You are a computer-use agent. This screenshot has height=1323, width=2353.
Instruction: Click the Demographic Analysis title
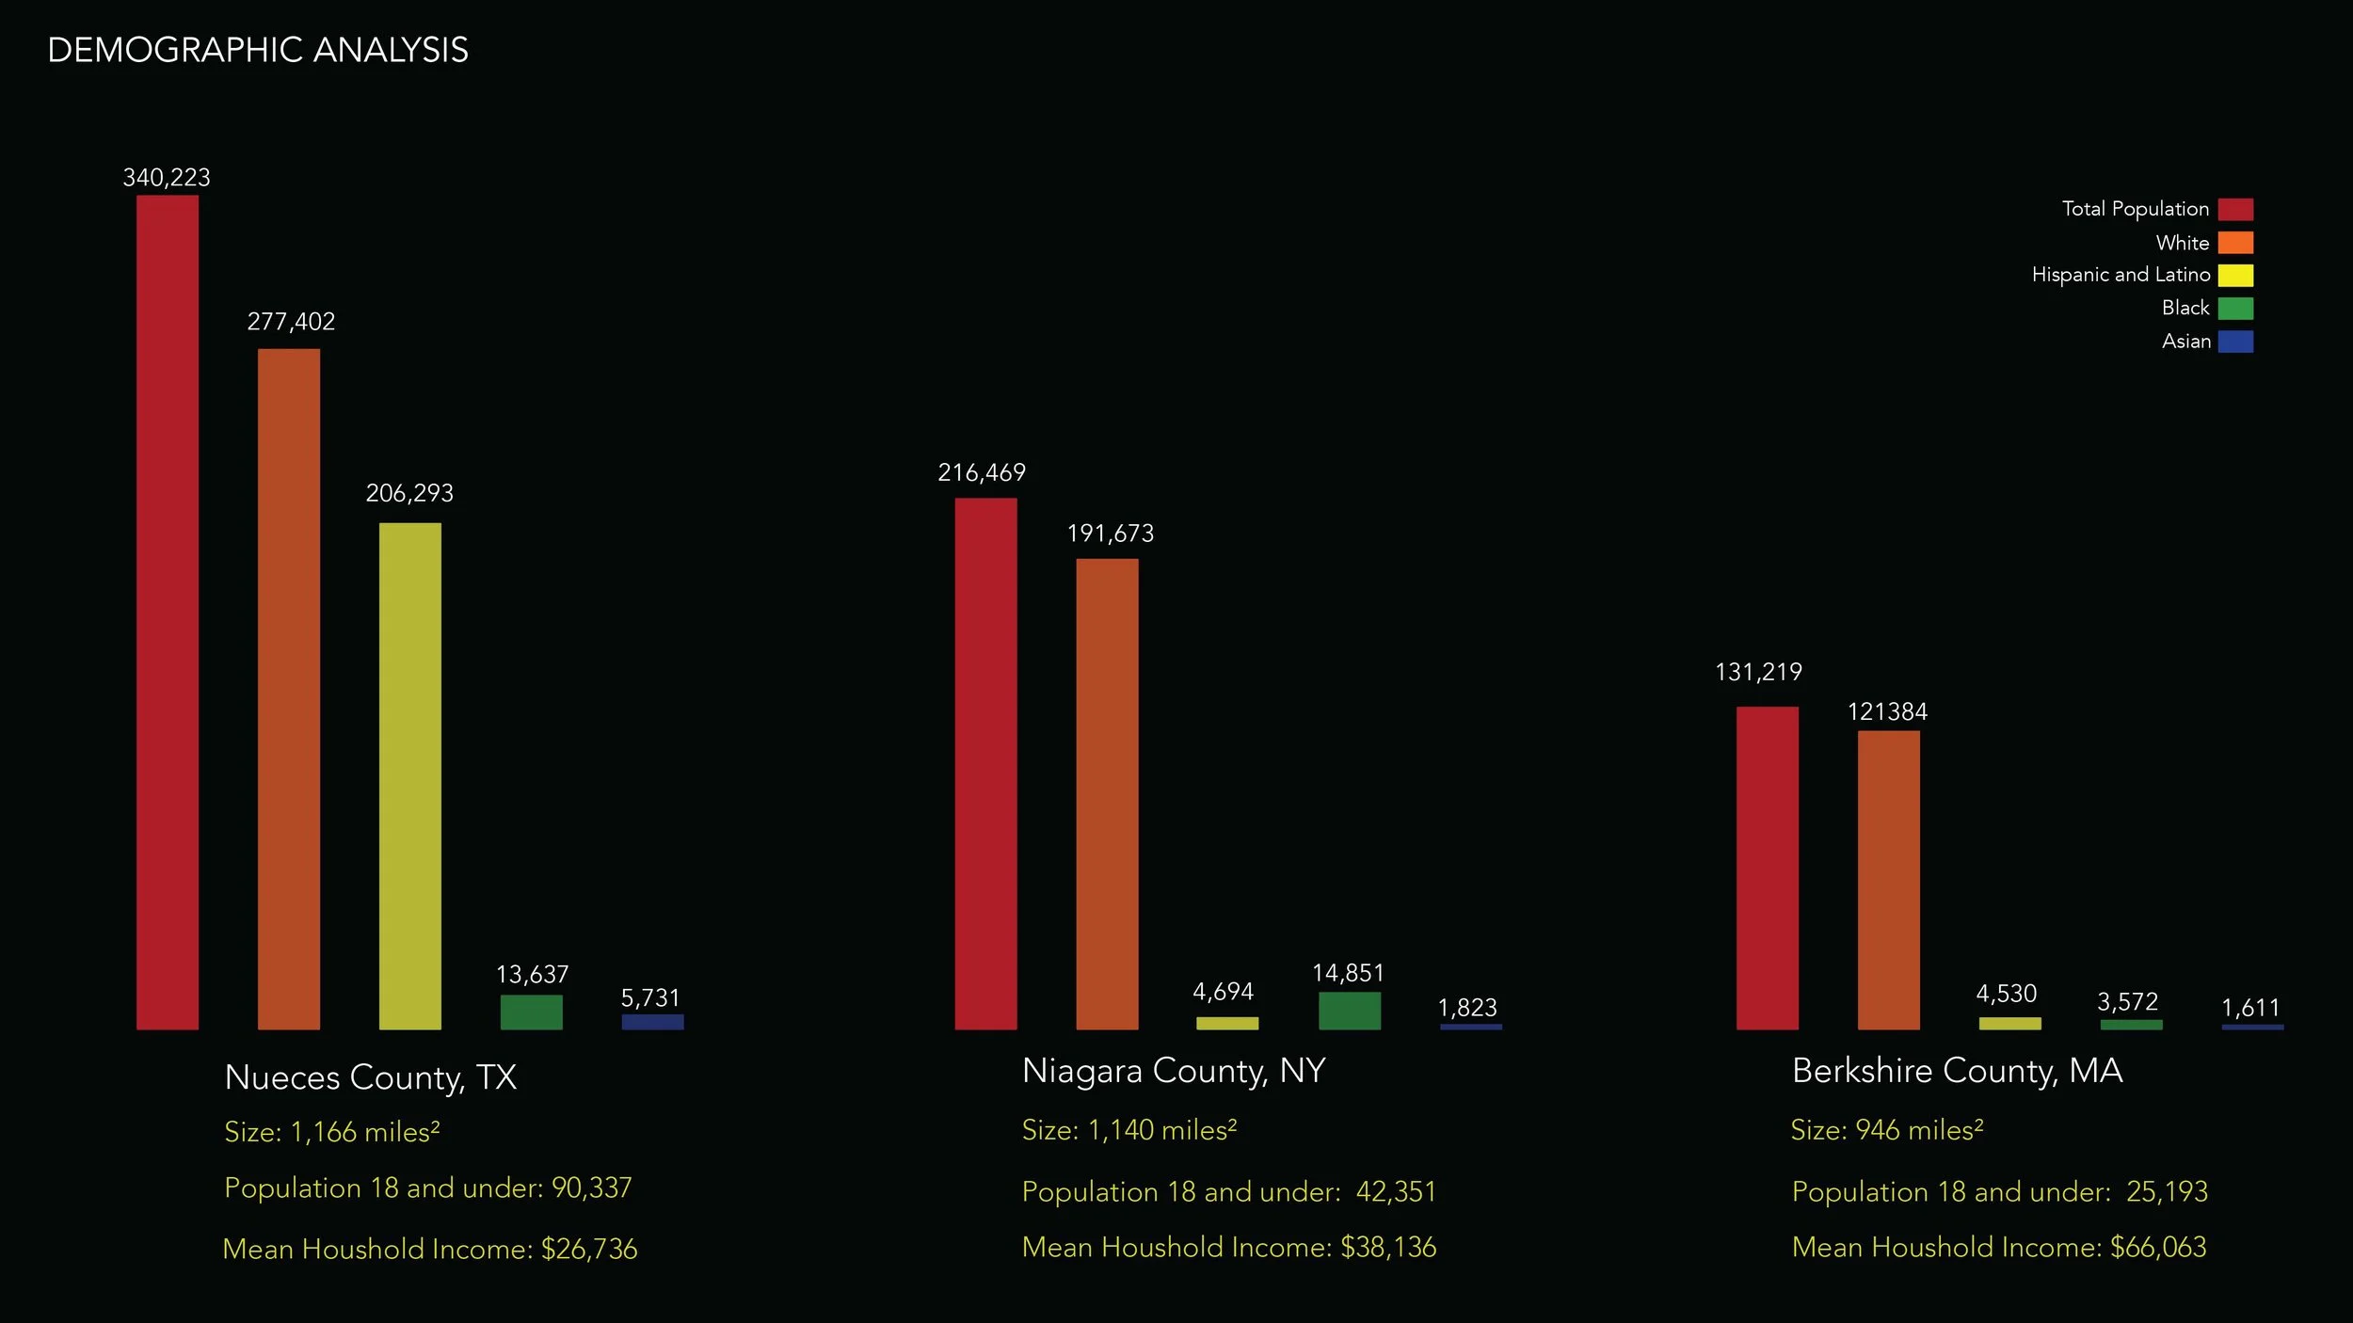click(x=257, y=50)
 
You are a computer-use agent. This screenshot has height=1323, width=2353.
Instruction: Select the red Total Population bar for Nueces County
click(x=168, y=612)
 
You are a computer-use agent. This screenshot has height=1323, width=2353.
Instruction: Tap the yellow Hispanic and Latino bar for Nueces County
click(x=409, y=775)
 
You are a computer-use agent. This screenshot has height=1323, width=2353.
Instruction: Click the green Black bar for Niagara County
click(x=1349, y=1011)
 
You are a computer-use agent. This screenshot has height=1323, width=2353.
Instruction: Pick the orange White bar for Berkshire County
click(x=1888, y=880)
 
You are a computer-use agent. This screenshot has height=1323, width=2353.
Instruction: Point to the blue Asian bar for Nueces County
click(x=652, y=1021)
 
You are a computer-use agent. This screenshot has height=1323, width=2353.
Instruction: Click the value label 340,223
click(x=167, y=178)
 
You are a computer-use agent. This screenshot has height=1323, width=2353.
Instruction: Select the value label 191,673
click(x=1110, y=534)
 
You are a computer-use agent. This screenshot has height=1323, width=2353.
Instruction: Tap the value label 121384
click(x=1887, y=711)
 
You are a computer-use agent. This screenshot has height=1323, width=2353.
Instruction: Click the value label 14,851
click(x=1348, y=973)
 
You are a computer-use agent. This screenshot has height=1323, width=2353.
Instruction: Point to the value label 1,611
click(x=2250, y=1008)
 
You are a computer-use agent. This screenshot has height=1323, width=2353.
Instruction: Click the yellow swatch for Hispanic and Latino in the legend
click(x=2235, y=275)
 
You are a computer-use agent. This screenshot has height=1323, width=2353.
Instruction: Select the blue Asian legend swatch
click(x=2235, y=341)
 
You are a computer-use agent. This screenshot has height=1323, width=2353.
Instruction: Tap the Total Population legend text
click(x=2135, y=209)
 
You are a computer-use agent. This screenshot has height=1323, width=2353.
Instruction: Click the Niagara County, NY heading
click(x=1174, y=1071)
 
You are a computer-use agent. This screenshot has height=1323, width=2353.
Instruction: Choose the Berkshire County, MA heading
click(x=1957, y=1071)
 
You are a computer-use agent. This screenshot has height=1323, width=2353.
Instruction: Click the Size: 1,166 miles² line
click(x=331, y=1131)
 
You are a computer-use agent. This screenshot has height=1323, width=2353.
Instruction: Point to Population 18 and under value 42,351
click(x=1396, y=1191)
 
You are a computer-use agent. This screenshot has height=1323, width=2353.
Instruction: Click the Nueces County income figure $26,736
click(x=589, y=1249)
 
